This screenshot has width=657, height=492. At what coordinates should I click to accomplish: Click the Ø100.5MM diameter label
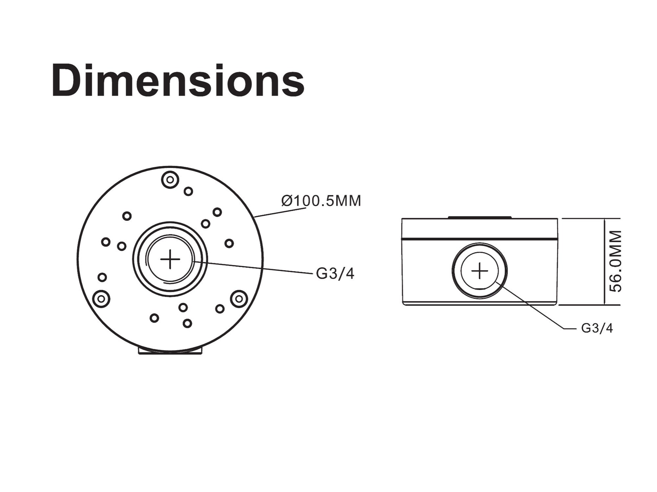[x=321, y=201]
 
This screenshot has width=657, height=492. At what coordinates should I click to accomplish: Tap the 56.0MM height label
[x=615, y=261]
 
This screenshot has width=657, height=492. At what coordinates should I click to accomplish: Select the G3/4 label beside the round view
[x=335, y=273]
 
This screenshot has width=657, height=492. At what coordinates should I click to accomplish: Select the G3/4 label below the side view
[x=597, y=328]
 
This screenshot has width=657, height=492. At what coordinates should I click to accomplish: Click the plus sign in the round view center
[x=170, y=259]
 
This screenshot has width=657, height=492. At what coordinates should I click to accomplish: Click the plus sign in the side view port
[x=480, y=271]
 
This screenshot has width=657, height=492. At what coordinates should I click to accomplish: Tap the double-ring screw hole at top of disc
[x=170, y=180]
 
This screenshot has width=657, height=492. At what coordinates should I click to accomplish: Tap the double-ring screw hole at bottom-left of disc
[x=101, y=299]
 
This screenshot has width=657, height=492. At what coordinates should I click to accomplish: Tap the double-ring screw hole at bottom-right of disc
[x=239, y=299]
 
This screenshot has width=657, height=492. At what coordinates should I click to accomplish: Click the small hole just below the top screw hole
[x=188, y=191]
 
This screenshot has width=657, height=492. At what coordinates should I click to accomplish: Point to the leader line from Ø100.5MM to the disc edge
[x=280, y=213]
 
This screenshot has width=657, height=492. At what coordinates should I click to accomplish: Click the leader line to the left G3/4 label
[x=253, y=267]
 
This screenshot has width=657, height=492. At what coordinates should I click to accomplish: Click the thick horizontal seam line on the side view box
[x=480, y=239]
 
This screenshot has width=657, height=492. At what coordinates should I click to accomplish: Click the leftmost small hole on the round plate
[x=102, y=277]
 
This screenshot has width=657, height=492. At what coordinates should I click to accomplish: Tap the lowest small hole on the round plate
[x=187, y=323]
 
